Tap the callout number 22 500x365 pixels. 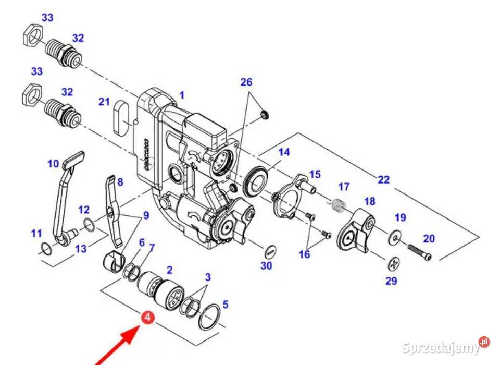383,179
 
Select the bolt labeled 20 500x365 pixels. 419,252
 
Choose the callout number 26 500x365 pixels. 246,82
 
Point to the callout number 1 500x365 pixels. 182,95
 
